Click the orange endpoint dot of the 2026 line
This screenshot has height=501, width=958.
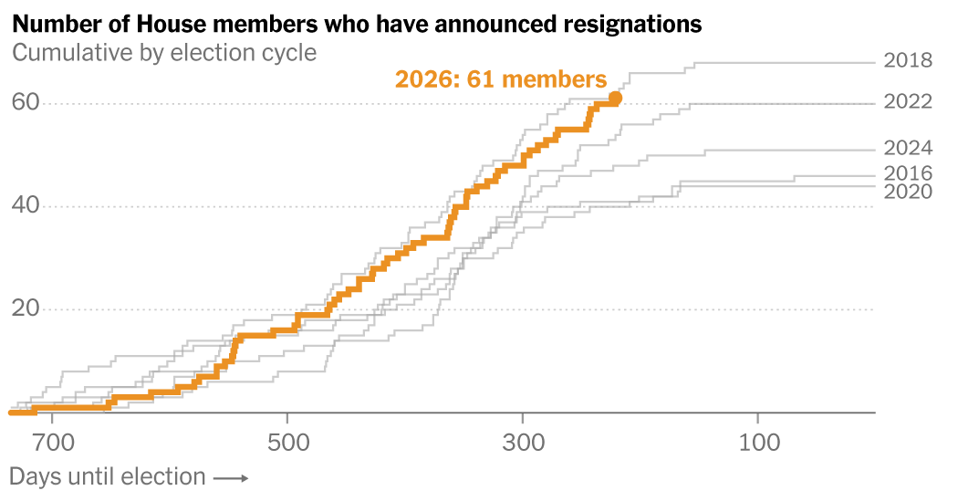pos(615,98)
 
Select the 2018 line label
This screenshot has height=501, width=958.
pos(908,61)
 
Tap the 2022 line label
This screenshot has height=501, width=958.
pos(908,101)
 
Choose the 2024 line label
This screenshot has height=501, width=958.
pos(908,148)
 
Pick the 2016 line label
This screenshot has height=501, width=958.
pos(908,173)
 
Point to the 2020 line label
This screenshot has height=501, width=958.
pos(908,191)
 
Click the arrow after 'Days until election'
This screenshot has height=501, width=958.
pos(232,477)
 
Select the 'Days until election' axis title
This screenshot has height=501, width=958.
pos(108,476)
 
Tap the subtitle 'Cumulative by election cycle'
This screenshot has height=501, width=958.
pos(164,52)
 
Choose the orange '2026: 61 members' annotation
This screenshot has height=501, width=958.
pos(500,79)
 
